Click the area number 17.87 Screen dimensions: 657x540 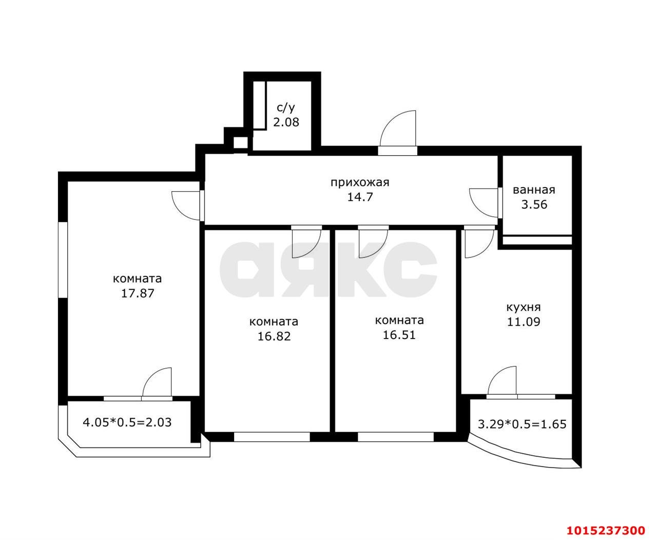point(138,293)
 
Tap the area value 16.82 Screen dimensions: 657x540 point(274,336)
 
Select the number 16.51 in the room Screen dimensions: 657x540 point(399,335)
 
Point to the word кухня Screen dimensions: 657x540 point(524,308)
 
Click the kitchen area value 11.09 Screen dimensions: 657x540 point(524,322)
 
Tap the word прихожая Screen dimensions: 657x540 point(360,183)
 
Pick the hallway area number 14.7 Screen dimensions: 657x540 point(360,197)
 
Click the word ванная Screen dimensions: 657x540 point(534,190)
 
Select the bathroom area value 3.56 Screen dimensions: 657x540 point(534,204)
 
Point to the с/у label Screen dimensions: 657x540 point(286,108)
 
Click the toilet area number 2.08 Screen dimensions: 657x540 point(286,122)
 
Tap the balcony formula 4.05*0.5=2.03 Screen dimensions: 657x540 point(127,422)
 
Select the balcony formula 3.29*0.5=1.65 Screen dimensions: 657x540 point(522,424)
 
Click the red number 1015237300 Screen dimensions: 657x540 point(604,522)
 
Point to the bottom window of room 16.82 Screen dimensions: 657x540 point(272,437)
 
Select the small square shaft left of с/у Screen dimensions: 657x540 point(241,143)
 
